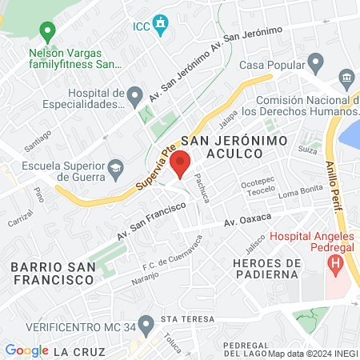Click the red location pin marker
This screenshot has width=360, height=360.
[181, 165]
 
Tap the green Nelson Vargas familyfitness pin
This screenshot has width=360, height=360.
[47, 33]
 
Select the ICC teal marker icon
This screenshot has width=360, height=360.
[161, 24]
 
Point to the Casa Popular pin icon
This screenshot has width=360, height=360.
[316, 62]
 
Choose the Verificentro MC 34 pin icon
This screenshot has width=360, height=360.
[145, 324]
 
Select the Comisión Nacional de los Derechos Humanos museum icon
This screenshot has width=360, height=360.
[346, 78]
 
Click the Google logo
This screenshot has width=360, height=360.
[26, 350]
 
